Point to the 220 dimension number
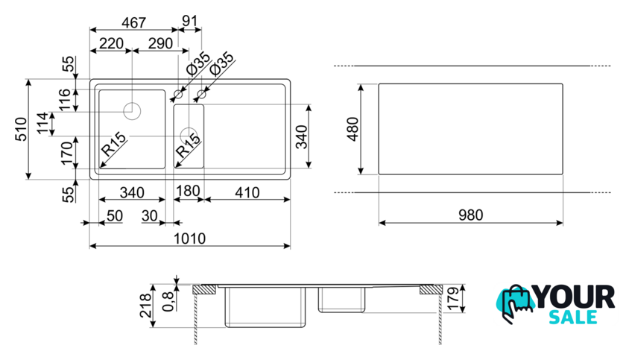[x=110, y=43]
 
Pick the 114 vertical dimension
[x=44, y=123]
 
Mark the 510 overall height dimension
[x=22, y=127]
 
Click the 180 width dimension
[x=188, y=192]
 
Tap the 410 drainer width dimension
[x=246, y=192]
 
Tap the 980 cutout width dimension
[x=470, y=215]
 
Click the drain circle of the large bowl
[x=132, y=111]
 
